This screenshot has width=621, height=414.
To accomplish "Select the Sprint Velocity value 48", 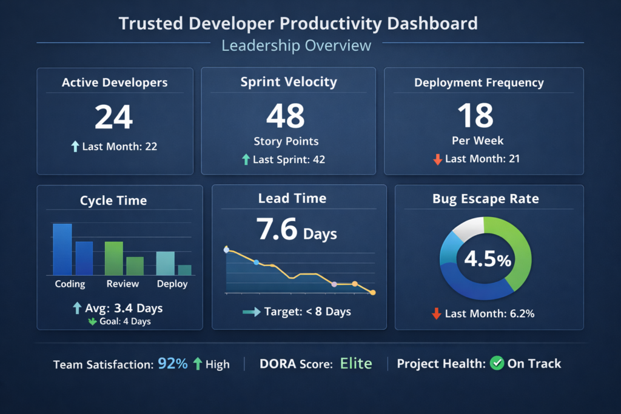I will click(286, 116).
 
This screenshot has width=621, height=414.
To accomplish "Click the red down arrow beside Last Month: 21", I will click(437, 159).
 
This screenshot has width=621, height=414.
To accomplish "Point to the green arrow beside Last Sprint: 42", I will click(246, 159).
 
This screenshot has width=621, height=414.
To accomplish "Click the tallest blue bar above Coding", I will click(62, 249).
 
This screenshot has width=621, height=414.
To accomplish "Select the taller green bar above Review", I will click(113, 258).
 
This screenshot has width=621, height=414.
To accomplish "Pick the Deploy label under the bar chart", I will click(172, 284).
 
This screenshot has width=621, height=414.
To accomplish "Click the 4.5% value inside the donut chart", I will click(487, 259).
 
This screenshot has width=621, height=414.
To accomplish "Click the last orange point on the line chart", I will click(372, 293).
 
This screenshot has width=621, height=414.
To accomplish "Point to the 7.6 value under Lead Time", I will click(277, 230).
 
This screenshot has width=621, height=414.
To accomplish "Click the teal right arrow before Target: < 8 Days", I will click(251, 312).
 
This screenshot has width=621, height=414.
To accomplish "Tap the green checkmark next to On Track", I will click(497, 364).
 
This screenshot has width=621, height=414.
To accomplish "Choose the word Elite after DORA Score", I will click(355, 364).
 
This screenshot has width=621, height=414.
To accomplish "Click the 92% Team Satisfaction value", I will click(172, 364).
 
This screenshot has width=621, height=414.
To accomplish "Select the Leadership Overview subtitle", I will click(297, 45).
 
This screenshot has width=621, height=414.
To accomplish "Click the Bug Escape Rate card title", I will click(485, 199).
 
